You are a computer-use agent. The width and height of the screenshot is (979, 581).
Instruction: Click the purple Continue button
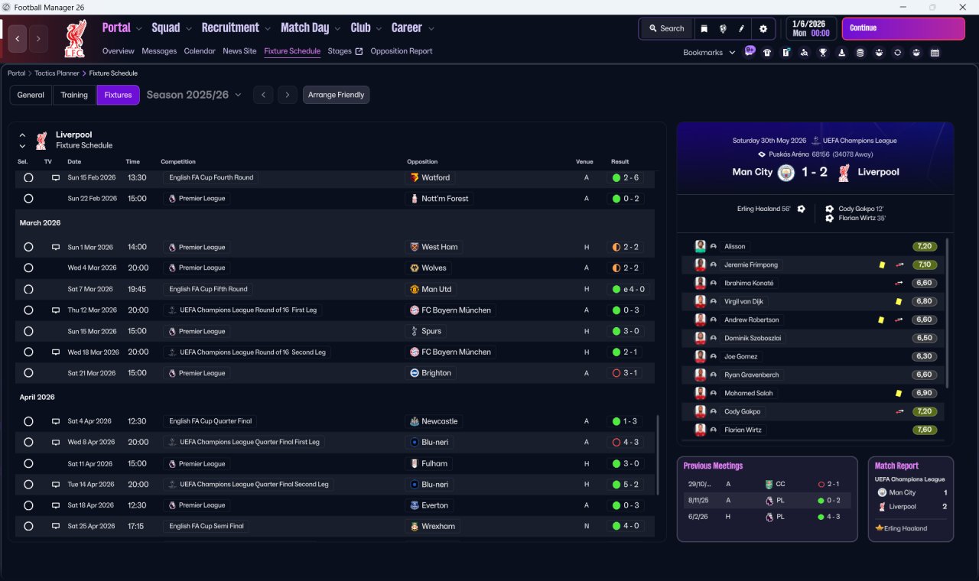(x=903, y=28)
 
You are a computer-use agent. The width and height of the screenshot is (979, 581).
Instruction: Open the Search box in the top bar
(x=666, y=28)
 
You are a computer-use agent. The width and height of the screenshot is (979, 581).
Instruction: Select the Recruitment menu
(x=230, y=28)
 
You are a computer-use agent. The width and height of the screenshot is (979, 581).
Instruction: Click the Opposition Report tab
(x=401, y=51)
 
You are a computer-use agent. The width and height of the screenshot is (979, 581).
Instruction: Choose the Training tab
(x=74, y=95)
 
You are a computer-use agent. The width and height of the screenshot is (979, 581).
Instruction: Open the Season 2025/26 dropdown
(x=194, y=95)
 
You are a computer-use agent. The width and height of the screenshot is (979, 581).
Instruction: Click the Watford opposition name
(x=435, y=177)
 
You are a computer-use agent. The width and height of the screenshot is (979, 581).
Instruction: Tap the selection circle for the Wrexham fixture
(x=28, y=526)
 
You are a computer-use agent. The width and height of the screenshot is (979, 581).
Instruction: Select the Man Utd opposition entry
(x=436, y=289)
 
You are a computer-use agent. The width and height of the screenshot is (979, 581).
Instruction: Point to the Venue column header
(x=584, y=161)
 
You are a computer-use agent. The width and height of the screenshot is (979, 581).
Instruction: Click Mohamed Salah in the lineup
(x=748, y=393)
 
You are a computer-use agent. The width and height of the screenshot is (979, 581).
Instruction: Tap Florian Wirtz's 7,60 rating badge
(x=924, y=430)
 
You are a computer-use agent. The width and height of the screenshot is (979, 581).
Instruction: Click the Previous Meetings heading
(x=713, y=466)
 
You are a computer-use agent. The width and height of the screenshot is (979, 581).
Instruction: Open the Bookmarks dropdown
(x=708, y=53)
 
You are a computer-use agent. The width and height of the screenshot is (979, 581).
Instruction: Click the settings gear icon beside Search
(x=763, y=28)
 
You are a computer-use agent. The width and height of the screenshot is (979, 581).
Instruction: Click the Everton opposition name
(x=434, y=505)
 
